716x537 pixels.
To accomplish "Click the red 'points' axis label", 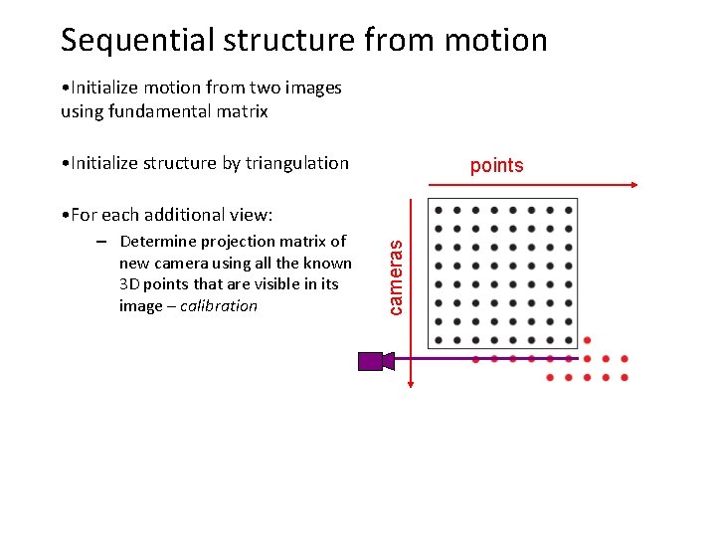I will click(x=496, y=165).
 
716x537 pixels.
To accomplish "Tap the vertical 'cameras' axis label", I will click(x=397, y=271).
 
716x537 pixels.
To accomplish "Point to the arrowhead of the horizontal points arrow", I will click(x=631, y=185).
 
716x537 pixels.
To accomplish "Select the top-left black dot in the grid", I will click(x=438, y=210).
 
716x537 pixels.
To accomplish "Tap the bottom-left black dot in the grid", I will click(x=438, y=340).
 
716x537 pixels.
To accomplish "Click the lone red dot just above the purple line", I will click(x=587, y=340).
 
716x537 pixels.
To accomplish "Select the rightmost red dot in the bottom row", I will click(x=624, y=378).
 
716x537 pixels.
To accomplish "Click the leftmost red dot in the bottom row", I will click(x=550, y=378).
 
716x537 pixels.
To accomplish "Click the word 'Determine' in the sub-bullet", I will click(x=157, y=241).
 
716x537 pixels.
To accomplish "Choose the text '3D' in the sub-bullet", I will click(x=129, y=284).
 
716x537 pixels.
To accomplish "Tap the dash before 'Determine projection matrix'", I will click(x=101, y=241).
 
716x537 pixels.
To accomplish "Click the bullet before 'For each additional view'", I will click(x=64, y=215).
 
